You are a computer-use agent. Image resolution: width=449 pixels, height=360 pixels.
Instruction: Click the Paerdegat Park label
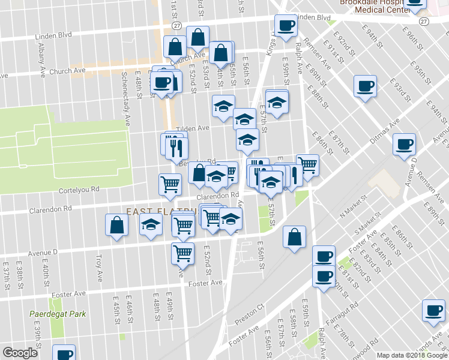58,314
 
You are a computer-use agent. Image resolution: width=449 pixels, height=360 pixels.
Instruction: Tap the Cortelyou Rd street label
79,189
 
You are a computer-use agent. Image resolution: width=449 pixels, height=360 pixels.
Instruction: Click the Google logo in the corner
20,353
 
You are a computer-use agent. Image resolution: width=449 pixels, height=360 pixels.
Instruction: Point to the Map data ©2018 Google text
411,355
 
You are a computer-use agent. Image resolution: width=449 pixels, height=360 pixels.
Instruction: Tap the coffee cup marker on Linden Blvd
286,25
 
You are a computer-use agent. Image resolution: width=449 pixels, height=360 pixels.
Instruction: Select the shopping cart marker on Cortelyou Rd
170,184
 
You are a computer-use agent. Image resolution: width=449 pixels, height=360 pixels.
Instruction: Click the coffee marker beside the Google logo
64,353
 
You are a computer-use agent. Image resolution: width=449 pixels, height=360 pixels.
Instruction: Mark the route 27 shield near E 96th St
424,21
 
